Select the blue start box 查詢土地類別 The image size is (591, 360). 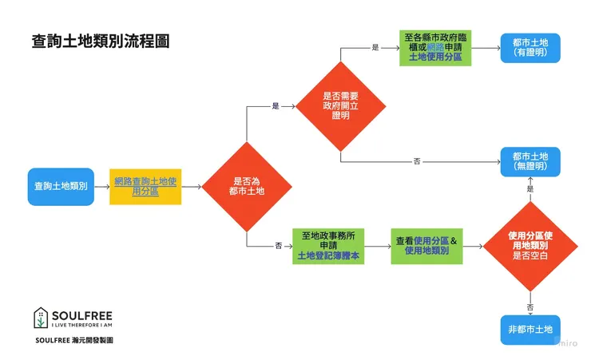61,186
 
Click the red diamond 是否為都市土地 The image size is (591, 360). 247,187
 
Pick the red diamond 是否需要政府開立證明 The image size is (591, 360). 341,105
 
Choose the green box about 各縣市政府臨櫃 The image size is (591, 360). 435,48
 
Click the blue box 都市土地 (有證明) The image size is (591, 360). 530,48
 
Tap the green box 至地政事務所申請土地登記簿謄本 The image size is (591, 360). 328,245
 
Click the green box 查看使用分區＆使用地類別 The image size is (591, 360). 424,245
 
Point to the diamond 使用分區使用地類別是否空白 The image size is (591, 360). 530,245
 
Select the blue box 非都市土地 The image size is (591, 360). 530,329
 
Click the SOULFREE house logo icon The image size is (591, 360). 40,317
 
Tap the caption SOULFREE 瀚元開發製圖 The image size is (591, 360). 74,339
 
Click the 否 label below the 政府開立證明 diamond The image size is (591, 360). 417,161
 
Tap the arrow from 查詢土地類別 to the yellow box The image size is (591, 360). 101,186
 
